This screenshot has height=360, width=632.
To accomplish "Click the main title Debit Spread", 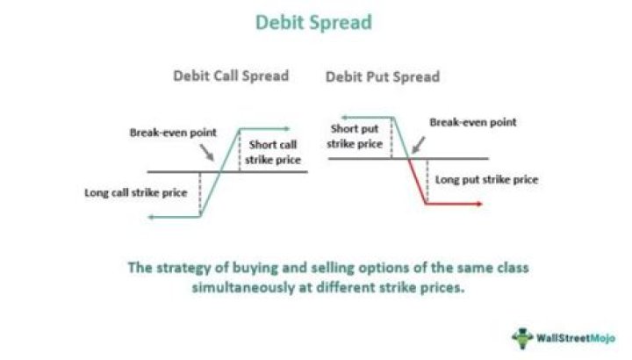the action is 313,23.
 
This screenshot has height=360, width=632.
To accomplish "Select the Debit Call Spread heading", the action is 231,76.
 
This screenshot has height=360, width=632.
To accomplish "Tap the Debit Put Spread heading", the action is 383,76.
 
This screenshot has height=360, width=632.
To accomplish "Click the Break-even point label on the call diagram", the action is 173,133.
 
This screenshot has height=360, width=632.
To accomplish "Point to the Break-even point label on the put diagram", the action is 473,122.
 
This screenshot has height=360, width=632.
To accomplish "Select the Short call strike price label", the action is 273,152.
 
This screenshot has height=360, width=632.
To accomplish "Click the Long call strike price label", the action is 136,192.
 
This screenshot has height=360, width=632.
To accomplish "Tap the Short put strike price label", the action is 355,136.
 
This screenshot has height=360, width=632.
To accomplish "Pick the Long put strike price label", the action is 486,179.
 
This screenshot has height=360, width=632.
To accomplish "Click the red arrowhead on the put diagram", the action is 479,204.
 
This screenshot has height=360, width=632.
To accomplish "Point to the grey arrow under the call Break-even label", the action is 207,153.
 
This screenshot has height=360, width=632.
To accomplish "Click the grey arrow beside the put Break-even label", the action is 419,145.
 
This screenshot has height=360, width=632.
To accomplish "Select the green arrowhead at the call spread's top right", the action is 287,129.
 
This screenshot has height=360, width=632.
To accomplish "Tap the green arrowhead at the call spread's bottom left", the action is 151,217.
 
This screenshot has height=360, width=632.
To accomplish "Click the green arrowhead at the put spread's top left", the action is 345,118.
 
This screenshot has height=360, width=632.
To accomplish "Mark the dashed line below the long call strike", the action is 200,194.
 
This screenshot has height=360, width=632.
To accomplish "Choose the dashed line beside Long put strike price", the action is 427,181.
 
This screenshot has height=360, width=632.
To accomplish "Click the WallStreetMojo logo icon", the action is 522,338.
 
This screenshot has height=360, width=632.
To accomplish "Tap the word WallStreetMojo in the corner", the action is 576,338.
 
